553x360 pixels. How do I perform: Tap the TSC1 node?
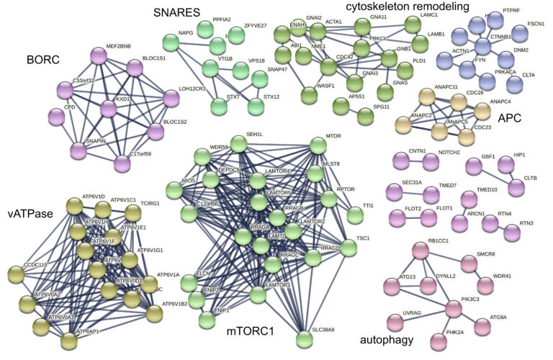pos(349,249)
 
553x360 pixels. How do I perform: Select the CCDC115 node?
pos(17,274)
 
